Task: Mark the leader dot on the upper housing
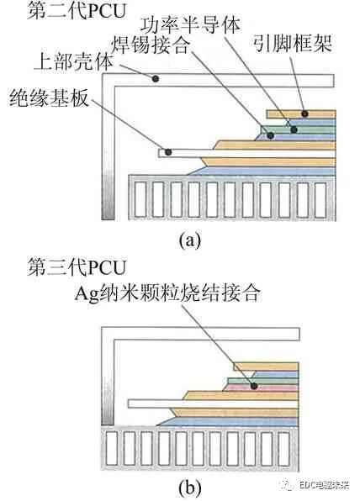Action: pyautogui.click(x=156, y=78)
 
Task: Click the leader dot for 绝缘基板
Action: pyautogui.click(x=168, y=152)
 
